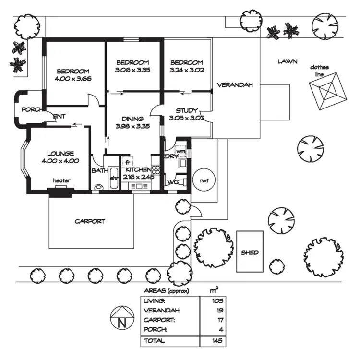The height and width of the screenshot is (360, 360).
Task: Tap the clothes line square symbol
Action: [x=329, y=89]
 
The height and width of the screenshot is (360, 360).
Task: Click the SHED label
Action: [x=250, y=252]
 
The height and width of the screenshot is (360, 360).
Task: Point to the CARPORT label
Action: [x=90, y=221]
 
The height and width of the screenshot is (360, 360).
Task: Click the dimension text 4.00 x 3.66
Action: [x=73, y=78]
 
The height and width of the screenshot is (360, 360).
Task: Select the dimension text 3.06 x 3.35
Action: [x=133, y=70]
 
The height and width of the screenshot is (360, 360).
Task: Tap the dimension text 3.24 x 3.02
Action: [x=187, y=70]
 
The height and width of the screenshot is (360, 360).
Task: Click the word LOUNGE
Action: [x=60, y=153]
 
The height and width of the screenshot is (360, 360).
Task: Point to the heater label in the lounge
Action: [x=61, y=180]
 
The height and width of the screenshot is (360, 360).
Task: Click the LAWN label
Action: [x=288, y=61]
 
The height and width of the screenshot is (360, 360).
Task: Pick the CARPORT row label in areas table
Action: [x=156, y=319]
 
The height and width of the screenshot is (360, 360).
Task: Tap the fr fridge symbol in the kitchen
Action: [x=128, y=162]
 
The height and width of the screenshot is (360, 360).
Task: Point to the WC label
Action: [x=172, y=182]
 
